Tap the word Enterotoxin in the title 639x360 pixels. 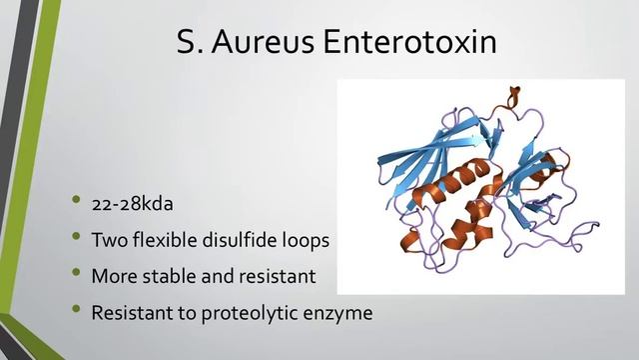click(x=407, y=44)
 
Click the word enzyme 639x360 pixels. click(x=341, y=313)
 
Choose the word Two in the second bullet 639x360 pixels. click(x=110, y=241)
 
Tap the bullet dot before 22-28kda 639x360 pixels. click(x=75, y=203)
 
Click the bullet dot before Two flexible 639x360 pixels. click(x=75, y=239)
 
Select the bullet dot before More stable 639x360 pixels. click(x=75, y=275)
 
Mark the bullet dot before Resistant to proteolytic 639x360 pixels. click(x=75, y=311)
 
